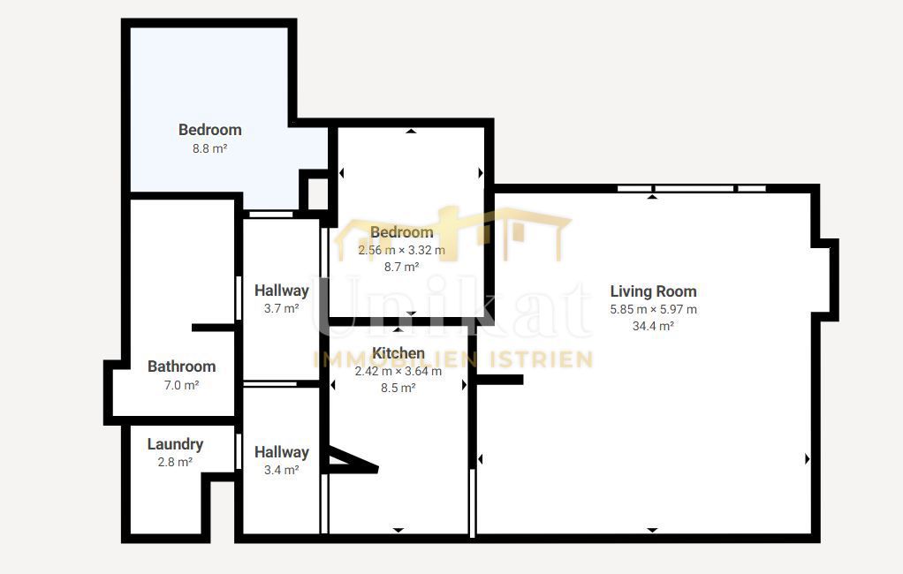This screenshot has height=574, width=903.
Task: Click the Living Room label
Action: (653, 291)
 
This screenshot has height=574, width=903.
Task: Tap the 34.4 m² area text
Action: (653, 326)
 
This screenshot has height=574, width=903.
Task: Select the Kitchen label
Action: (398, 353)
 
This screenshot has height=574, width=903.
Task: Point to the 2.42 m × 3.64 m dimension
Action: (398, 371)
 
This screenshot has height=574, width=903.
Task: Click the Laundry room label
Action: (175, 444)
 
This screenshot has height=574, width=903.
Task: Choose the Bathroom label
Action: (181, 366)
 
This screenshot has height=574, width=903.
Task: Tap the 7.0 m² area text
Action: (181, 385)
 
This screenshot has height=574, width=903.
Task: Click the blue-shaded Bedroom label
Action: (209, 130)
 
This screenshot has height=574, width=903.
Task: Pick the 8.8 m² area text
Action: (209, 148)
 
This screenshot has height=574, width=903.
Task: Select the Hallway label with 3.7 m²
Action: (282, 291)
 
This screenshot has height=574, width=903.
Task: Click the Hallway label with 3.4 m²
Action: (282, 452)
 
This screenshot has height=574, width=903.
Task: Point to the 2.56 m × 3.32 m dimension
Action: (401, 250)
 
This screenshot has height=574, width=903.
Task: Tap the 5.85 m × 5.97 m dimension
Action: (653, 309)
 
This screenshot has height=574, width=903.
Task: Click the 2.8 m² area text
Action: (175, 462)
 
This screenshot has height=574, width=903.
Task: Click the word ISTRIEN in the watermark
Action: (541, 359)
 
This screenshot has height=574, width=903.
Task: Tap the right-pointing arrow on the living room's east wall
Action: (807, 459)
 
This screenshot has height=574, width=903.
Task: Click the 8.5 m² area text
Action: (398, 388)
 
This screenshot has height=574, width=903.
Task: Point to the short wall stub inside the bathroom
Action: (214, 328)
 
